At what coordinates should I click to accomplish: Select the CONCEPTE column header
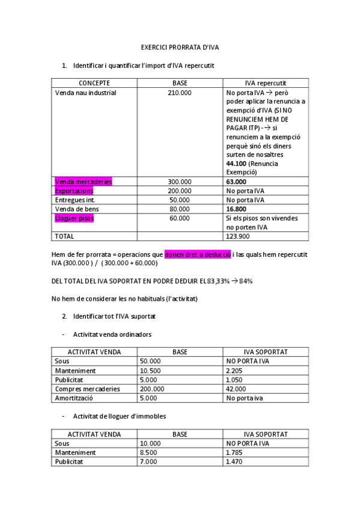pyautogui.click(x=94, y=83)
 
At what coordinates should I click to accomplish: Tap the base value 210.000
pyautogui.click(x=180, y=93)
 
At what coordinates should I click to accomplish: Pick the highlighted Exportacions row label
pyautogui.click(x=74, y=191)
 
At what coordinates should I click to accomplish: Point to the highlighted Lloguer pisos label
pyautogui.click(x=75, y=218)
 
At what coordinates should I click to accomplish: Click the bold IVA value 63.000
pyautogui.click(x=236, y=182)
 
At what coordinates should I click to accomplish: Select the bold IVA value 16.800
pyautogui.click(x=236, y=209)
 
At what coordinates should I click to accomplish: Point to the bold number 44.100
pyautogui.click(x=237, y=164)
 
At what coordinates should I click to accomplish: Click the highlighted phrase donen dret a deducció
pyautogui.click(x=197, y=254)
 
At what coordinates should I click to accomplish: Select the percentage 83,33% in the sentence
pyautogui.click(x=219, y=281)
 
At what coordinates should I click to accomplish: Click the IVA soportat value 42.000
pyautogui.click(x=236, y=389)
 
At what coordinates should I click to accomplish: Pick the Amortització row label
pyautogui.click(x=75, y=398)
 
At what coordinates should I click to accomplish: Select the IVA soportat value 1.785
pyautogui.click(x=234, y=452)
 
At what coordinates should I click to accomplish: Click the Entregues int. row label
pyautogui.click(x=75, y=200)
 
